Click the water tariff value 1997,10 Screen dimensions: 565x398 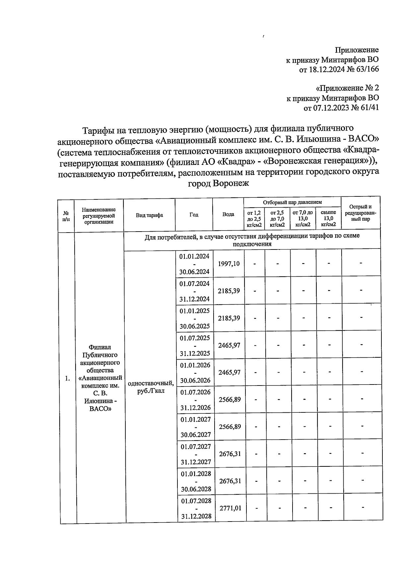(229, 264)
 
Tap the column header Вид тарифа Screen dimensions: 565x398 (149, 215)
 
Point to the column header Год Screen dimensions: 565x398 (194, 215)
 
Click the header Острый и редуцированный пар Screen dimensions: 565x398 (361, 213)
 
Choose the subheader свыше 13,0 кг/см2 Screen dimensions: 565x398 (328, 218)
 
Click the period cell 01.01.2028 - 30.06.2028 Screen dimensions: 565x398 (196, 481)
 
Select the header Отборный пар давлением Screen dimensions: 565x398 (292, 202)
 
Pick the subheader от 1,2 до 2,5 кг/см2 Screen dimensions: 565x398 (254, 218)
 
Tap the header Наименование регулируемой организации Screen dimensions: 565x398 (99, 215)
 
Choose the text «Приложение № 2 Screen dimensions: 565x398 (347, 88)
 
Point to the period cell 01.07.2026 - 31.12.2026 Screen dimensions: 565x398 (195, 400)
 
